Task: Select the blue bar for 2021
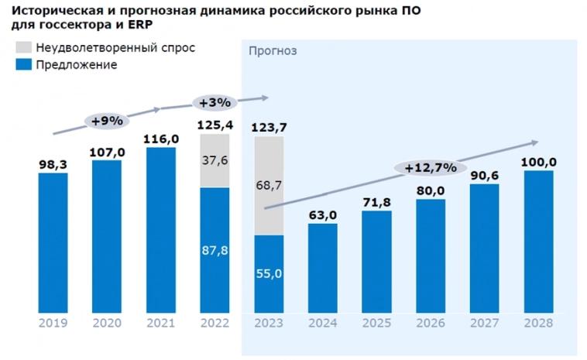point(161,230)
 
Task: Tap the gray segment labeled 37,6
point(215,160)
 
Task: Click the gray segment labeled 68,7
point(269,185)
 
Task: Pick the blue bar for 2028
point(539,242)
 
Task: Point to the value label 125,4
point(215,125)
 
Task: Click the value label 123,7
point(269,126)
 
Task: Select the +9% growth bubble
point(108,121)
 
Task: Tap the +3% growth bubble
point(215,102)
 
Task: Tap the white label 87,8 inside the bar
point(215,251)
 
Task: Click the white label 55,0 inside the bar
point(269,274)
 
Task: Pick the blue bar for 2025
point(376,262)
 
